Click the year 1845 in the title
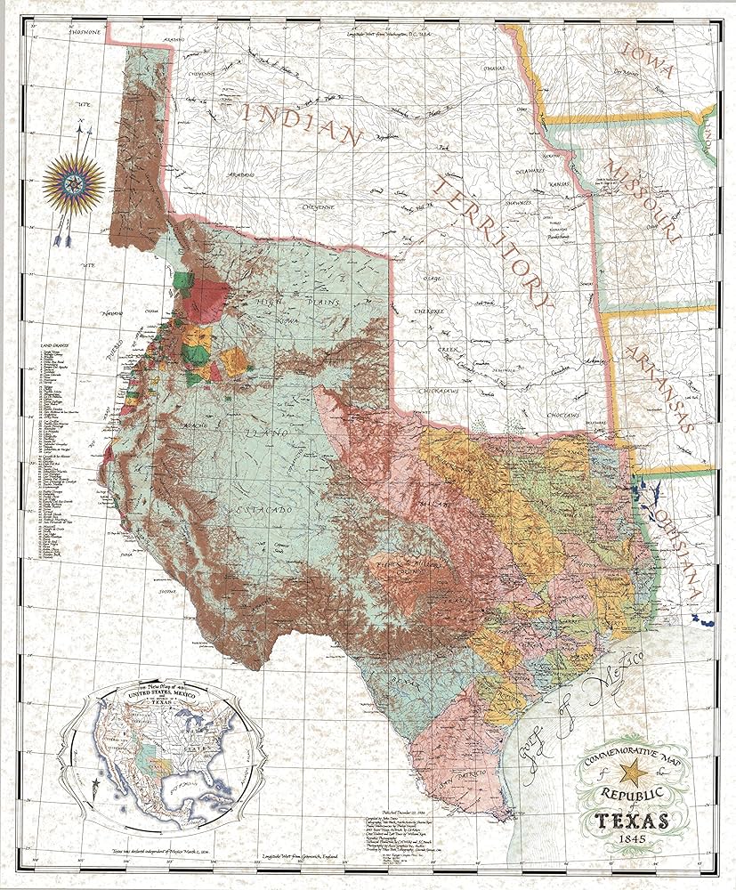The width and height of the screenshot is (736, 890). (637, 840)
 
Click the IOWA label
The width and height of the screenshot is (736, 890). (648, 61)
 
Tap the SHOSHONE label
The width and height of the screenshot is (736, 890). (78, 30)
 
